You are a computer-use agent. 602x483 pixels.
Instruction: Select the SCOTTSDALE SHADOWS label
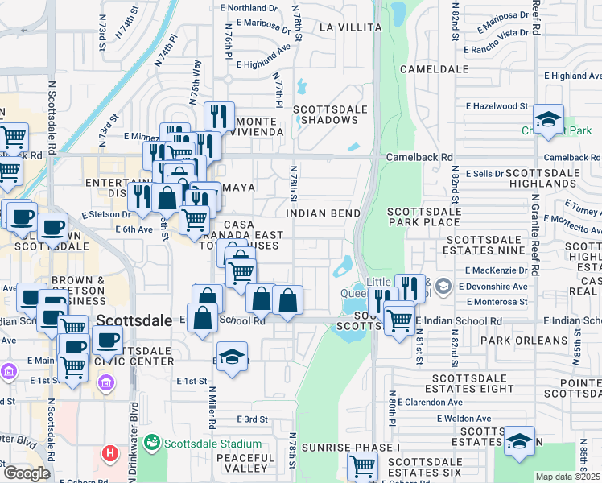click(x=325, y=114)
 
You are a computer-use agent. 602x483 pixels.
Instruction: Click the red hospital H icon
click(x=110, y=454)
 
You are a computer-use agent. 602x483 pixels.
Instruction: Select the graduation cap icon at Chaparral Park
click(x=548, y=119)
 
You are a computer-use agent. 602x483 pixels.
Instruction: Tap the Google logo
click(x=27, y=473)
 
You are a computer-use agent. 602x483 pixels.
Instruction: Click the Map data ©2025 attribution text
click(x=567, y=477)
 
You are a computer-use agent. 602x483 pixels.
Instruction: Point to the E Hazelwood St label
click(x=496, y=105)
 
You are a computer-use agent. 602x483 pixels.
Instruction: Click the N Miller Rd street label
click(x=212, y=407)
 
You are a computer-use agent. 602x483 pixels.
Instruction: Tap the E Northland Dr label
click(x=253, y=8)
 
